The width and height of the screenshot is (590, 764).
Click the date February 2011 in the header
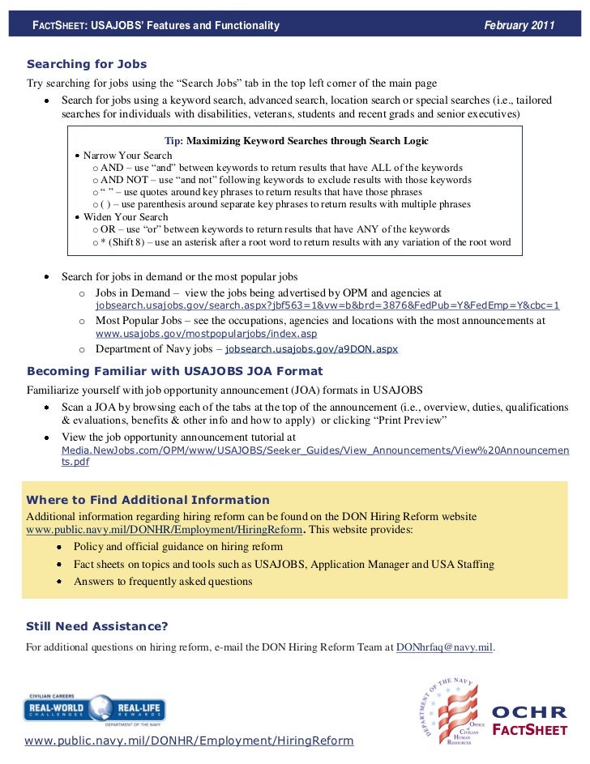pyautogui.click(x=519, y=26)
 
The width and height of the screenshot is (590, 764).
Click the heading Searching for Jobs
pyautogui.click(x=87, y=63)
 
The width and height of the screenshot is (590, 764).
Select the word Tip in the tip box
pyautogui.click(x=173, y=140)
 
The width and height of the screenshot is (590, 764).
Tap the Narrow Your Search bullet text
pyautogui.click(x=127, y=155)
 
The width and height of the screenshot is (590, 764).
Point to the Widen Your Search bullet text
pyautogui.click(x=126, y=217)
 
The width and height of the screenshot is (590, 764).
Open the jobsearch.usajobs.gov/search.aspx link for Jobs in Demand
pyautogui.click(x=327, y=306)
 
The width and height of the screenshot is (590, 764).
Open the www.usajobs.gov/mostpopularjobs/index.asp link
pyautogui.click(x=206, y=334)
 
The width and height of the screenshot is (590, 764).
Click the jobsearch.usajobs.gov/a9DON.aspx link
pyautogui.click(x=311, y=349)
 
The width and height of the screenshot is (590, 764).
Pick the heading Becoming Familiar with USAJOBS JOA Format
pyautogui.click(x=174, y=371)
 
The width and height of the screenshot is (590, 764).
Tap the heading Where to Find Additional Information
pyautogui.click(x=148, y=499)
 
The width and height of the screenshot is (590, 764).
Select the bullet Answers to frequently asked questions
pyautogui.click(x=163, y=582)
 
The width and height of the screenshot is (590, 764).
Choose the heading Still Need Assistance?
pyautogui.click(x=97, y=626)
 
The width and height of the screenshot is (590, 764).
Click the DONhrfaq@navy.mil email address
pyautogui.click(x=443, y=647)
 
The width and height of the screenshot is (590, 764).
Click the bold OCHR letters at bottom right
pyautogui.click(x=529, y=713)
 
